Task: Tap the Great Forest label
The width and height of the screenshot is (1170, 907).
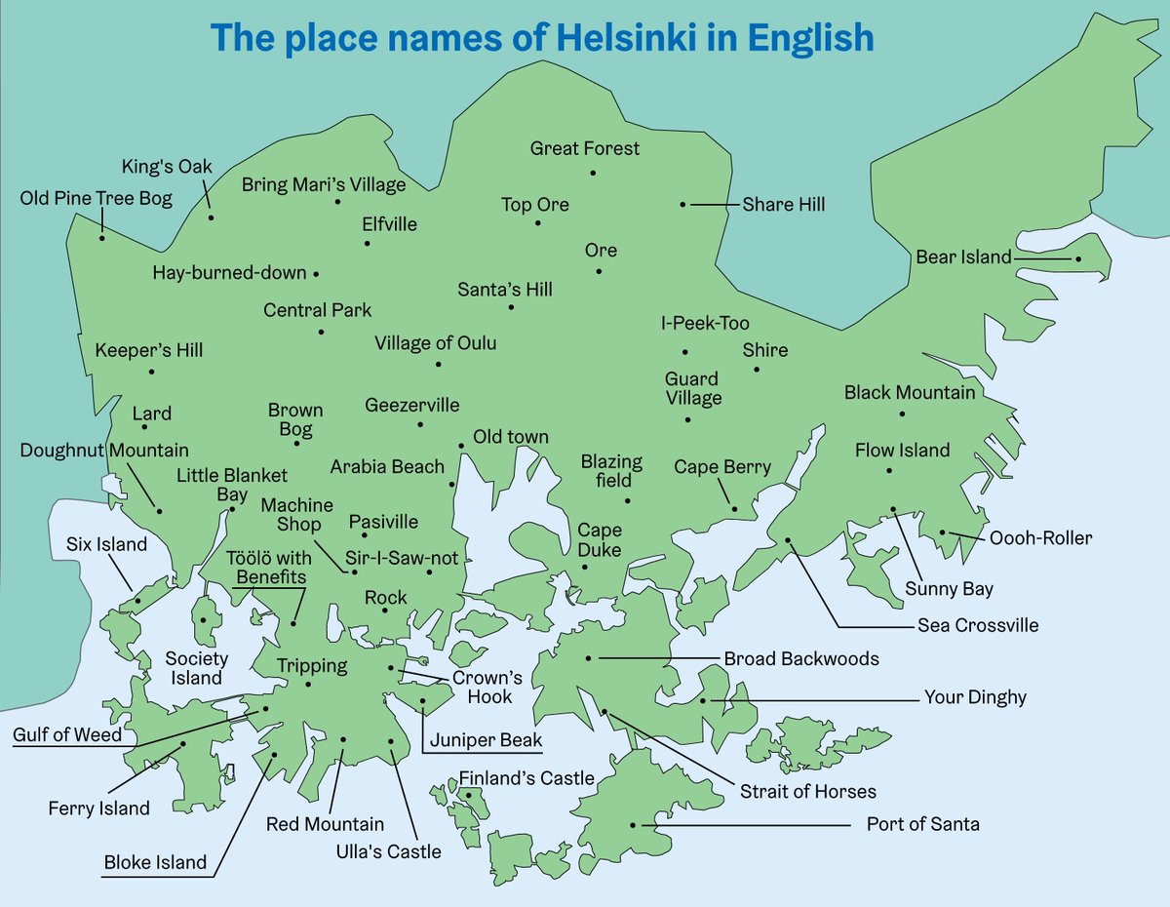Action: [585, 148]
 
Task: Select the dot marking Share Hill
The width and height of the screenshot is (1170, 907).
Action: [682, 204]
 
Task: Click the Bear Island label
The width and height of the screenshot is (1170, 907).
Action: [963, 257]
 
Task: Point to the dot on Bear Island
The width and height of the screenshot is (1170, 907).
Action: [1077, 258]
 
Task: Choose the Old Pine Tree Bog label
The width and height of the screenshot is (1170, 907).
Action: [96, 199]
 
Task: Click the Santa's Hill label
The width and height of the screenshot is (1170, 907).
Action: [505, 290]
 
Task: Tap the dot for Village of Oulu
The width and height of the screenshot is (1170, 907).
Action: [438, 364]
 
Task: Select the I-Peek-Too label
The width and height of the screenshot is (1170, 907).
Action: [705, 324]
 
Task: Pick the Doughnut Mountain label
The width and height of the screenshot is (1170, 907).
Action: [104, 451]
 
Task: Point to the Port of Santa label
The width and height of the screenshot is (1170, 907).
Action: [922, 824]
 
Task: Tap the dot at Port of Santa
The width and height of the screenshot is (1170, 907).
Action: [633, 824]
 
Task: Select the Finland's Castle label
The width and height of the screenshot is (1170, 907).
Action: [526, 778]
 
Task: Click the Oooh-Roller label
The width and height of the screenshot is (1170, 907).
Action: [1040, 538]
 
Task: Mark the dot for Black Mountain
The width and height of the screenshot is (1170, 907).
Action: [902, 414]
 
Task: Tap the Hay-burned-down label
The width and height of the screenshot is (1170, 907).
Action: [229, 273]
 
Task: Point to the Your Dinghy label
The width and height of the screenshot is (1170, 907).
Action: [975, 697]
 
